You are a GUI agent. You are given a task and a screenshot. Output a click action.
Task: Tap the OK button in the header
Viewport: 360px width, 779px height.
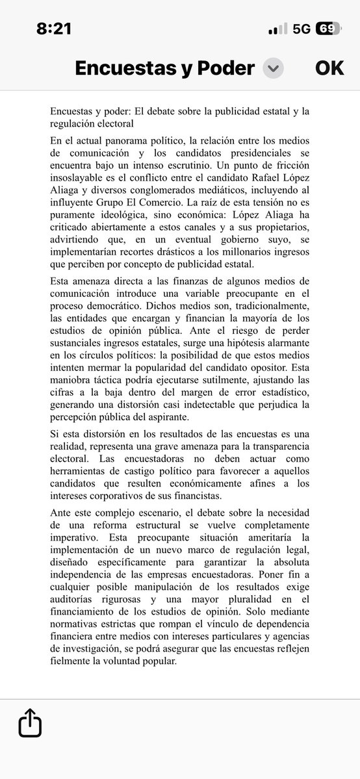329,68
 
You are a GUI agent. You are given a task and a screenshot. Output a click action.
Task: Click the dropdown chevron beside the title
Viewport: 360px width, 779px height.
273,68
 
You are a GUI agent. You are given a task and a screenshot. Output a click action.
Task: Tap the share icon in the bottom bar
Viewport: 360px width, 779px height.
30,722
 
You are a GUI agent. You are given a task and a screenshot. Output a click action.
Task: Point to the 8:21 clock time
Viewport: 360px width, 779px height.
54,29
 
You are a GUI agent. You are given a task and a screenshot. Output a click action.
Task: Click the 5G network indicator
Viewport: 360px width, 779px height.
302,29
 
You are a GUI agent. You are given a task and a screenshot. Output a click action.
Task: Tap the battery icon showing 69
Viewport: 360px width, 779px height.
328,29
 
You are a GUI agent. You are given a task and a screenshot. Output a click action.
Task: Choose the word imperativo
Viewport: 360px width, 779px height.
75,538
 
